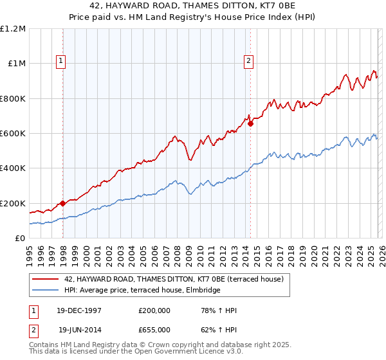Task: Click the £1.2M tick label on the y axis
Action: coord(14,28)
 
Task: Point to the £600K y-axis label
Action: coord(14,133)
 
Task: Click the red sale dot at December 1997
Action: coord(63,203)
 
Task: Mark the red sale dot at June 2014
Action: coord(250,124)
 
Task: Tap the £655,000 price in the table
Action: coord(154,329)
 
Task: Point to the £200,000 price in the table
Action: coord(154,310)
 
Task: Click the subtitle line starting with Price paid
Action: coord(193,17)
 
